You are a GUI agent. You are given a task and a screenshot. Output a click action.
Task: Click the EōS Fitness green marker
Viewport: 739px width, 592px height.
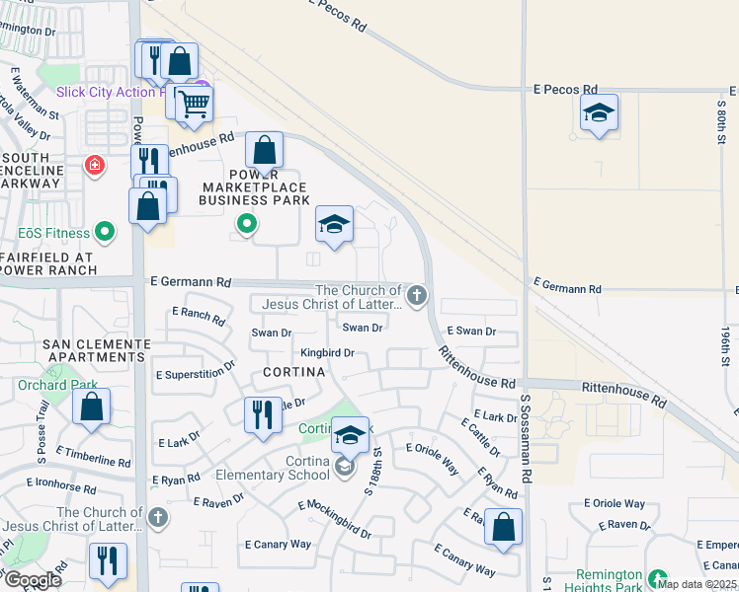[x=106, y=234]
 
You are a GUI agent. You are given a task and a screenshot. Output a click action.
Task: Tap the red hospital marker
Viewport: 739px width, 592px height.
[x=94, y=165]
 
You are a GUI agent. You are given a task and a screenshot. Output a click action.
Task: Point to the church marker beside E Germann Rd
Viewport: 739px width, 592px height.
[x=417, y=294]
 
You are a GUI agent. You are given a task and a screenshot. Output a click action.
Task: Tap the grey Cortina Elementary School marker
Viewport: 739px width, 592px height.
[x=345, y=467]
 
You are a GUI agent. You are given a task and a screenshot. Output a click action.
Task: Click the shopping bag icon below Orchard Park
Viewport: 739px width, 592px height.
[x=91, y=407]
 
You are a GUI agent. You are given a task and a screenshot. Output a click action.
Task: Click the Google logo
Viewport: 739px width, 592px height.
[x=33, y=580]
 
